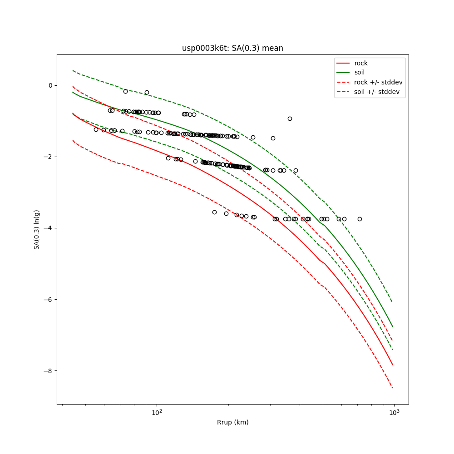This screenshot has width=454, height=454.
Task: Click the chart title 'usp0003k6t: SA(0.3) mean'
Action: tap(232, 48)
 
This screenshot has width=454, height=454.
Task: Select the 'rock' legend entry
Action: tap(361, 63)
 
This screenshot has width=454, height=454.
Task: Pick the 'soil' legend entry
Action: tap(359, 73)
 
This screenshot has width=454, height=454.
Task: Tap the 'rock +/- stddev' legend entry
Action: tap(378, 82)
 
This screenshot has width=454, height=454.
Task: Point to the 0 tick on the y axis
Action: tap(50, 85)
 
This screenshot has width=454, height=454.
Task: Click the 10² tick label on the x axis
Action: tap(157, 413)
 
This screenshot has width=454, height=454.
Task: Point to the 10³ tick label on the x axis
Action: tap(394, 413)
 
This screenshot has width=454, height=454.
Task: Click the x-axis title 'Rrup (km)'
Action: tap(232, 422)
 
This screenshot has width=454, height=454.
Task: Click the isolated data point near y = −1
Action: tap(290, 118)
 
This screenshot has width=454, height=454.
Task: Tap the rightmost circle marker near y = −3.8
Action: tap(360, 219)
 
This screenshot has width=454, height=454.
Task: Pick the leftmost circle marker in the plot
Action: tap(96, 129)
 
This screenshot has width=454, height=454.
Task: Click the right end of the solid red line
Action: tap(393, 365)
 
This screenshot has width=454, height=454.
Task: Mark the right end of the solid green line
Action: tap(393, 326)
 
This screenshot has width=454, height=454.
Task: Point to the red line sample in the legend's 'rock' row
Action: tap(344, 63)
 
